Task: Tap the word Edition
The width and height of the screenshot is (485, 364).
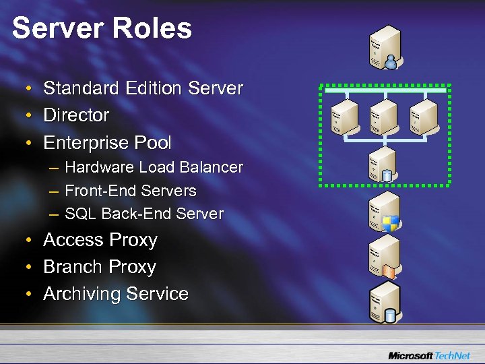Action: tap(152, 88)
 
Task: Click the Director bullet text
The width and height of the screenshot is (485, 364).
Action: tap(76, 115)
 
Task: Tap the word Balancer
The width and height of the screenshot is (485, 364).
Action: tap(210, 167)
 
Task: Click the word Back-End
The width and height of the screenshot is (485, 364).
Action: tap(136, 214)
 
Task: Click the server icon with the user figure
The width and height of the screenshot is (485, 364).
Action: tap(384, 47)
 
